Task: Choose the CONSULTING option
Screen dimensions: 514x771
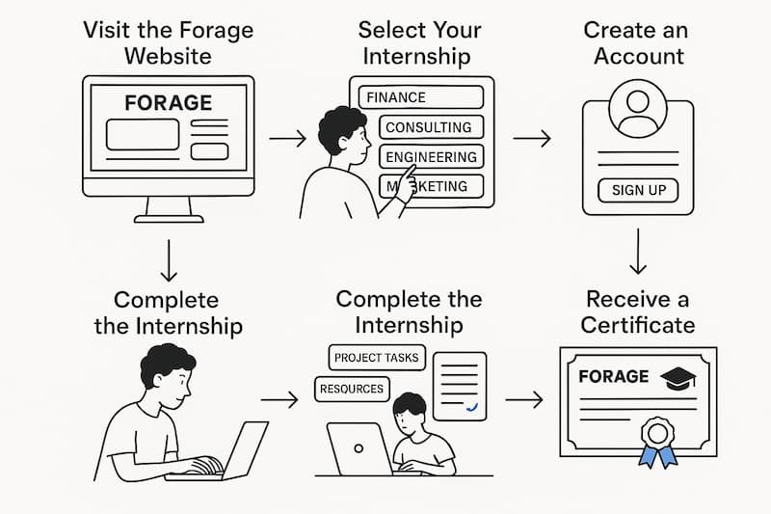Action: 429,127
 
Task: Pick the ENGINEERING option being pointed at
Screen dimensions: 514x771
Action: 431,157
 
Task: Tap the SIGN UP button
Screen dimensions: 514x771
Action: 638,190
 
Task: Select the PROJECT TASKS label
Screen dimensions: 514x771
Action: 376,358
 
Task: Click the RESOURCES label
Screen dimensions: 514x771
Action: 351,390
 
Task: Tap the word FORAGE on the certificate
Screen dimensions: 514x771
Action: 612,377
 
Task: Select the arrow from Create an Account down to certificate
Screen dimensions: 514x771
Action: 638,252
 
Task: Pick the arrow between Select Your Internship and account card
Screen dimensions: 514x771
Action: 531,140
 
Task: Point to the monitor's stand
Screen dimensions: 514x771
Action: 169,209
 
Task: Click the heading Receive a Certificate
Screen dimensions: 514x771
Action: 637,311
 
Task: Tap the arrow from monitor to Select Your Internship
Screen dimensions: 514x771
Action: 286,140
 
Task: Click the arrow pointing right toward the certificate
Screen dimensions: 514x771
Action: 523,397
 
